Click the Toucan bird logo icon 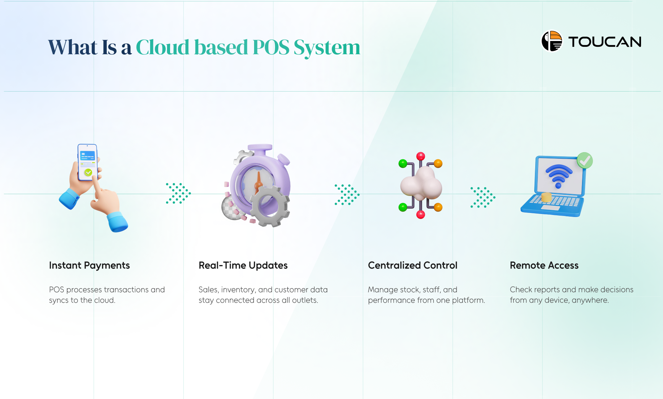pyautogui.click(x=552, y=41)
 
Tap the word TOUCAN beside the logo pyautogui.click(x=605, y=42)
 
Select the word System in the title pyautogui.click(x=327, y=48)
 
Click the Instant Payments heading pyautogui.click(x=89, y=265)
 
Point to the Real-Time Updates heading pyautogui.click(x=243, y=265)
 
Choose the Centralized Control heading pyautogui.click(x=413, y=265)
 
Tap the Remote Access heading pyautogui.click(x=544, y=265)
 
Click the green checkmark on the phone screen pyautogui.click(x=88, y=173)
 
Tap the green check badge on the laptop pyautogui.click(x=585, y=160)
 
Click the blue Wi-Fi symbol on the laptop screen pyautogui.click(x=559, y=176)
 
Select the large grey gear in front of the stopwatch pyautogui.click(x=270, y=206)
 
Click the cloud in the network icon pyautogui.click(x=421, y=183)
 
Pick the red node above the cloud pyautogui.click(x=420, y=156)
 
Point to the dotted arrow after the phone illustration pyautogui.click(x=178, y=193)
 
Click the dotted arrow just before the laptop pyautogui.click(x=483, y=197)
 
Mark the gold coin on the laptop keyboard pyautogui.click(x=546, y=197)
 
